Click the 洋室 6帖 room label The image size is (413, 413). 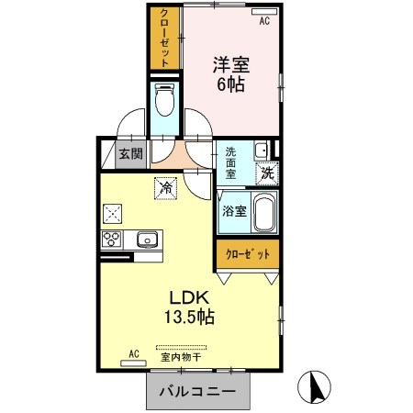pos(231,73)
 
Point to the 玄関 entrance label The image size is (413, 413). pos(129,154)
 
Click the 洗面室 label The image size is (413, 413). pos(231,162)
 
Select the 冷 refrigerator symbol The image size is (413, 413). pos(166,187)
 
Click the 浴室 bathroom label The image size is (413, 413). pos(233,211)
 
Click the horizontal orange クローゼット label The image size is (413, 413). pos(244,254)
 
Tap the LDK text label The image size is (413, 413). pos(190,298)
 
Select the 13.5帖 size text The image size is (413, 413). pos(190,318)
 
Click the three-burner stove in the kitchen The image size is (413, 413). pos(114,240)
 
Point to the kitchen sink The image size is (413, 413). pos(147,240)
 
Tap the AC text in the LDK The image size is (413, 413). pos(133,353)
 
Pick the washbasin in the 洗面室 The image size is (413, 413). pos(262,149)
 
